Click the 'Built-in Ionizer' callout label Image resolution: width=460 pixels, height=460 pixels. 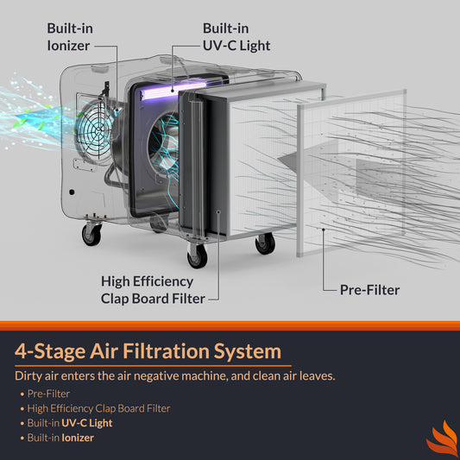[70, 37]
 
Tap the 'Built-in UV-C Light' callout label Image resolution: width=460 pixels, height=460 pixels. [236, 37]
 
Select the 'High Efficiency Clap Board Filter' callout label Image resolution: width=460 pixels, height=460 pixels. [153, 290]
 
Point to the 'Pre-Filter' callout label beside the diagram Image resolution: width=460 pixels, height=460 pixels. [369, 290]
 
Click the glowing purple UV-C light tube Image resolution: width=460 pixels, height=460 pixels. [173, 91]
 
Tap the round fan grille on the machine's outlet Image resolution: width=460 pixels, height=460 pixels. [94, 129]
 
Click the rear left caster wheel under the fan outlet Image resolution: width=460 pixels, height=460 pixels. [91, 234]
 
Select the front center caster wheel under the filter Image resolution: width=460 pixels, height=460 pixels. [197, 256]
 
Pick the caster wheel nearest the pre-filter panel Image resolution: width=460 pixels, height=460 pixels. [265, 243]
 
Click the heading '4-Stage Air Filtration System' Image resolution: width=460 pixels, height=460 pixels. [148, 351]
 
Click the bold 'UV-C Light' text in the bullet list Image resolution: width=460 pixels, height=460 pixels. [87, 423]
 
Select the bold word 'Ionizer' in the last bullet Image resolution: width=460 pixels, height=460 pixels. [78, 438]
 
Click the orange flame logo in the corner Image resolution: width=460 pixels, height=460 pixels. [442, 438]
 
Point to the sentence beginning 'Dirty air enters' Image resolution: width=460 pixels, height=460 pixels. [175, 375]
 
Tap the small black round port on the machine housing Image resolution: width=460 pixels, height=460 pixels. [72, 192]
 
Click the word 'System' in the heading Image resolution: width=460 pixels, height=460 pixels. [248, 351]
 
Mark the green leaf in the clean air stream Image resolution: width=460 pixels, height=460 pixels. [22, 123]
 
